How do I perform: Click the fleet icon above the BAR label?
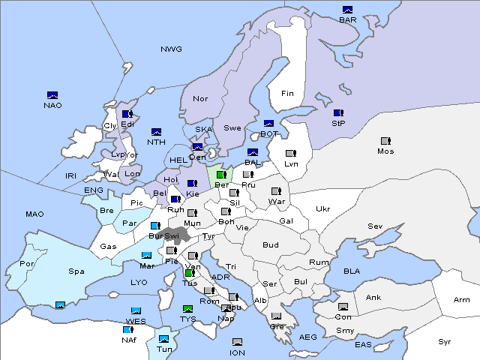pos(347,10)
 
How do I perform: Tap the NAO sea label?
pos(52,105)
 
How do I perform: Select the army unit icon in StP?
pos(338,113)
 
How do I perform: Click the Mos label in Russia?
pos(385,151)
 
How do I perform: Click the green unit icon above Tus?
pos(190,274)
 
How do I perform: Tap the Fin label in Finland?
pos(287,94)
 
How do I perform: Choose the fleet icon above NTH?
pos(156,132)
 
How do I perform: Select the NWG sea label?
pos(171,49)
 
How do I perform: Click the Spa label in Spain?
pos(76,271)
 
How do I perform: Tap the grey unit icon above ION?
pos(237,342)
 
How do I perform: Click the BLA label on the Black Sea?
pos(352,270)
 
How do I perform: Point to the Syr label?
pos(445,341)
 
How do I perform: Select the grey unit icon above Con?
pos(343,307)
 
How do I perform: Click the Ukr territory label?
pos(322,209)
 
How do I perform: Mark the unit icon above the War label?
pos(275,191)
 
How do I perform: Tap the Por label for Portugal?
pos(27,264)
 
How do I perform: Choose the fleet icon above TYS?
pos(188,309)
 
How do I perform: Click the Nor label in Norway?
pos(200,98)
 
